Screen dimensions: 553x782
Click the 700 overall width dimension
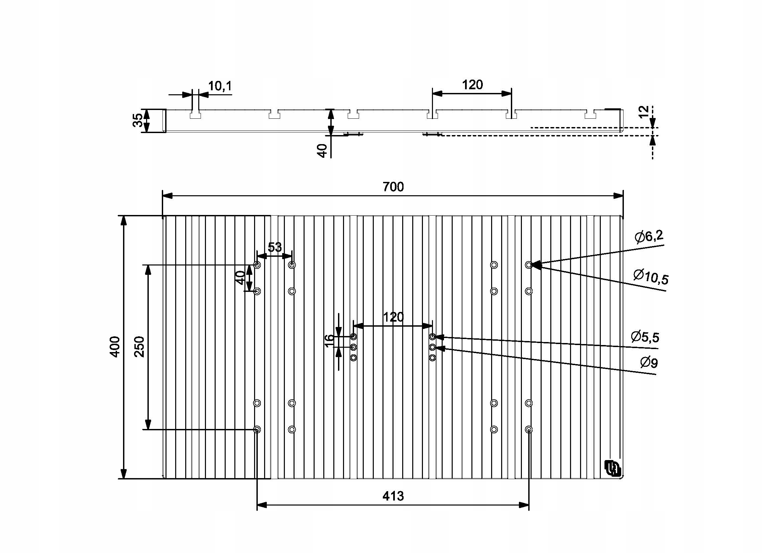393,187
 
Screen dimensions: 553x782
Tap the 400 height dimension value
115,347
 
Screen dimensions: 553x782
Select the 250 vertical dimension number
140,347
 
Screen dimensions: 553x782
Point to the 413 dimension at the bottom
393,496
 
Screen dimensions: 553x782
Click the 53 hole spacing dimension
274,247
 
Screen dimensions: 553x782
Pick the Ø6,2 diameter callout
649,236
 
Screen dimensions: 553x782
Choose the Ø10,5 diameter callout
651,276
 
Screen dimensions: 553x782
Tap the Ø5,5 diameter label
645,337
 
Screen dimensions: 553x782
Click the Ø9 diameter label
649,362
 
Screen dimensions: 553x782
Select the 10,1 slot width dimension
220,86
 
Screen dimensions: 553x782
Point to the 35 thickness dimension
138,120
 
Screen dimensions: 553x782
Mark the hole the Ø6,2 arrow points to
529,264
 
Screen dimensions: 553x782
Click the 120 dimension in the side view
472,85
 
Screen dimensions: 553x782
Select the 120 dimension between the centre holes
393,317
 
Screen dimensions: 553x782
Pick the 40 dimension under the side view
322,150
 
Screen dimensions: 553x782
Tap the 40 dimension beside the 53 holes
240,278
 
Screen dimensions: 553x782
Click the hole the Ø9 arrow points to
432,347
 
